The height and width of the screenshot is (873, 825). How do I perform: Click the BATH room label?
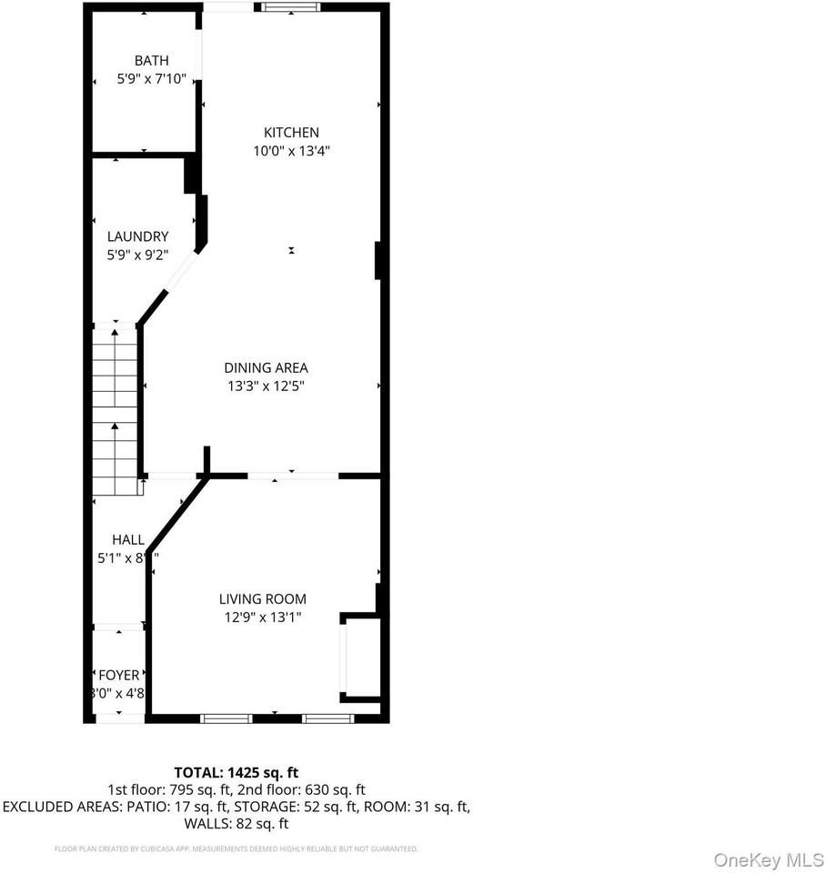[151, 61]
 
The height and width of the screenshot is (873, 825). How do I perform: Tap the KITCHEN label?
[291, 133]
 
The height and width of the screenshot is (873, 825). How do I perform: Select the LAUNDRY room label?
[137, 236]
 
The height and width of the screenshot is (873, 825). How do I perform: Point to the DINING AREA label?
[266, 368]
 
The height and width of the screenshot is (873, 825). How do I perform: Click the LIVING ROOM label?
[262, 599]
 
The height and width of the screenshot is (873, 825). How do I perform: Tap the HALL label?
[127, 539]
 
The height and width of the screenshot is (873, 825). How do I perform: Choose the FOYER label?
[118, 675]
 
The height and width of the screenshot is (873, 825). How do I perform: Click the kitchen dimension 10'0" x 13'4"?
[291, 152]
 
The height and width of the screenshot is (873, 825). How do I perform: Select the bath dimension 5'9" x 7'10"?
[151, 80]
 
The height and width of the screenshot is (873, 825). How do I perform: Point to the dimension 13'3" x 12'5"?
[266, 386]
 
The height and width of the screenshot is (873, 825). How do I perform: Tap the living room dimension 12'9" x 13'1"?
[262, 617]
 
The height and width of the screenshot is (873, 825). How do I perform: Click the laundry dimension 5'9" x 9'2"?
[137, 256]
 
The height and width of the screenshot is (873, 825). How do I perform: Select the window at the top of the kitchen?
[290, 7]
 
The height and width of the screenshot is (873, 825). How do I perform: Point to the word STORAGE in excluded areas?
[269, 807]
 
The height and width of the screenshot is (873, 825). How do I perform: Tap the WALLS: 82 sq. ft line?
[236, 824]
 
